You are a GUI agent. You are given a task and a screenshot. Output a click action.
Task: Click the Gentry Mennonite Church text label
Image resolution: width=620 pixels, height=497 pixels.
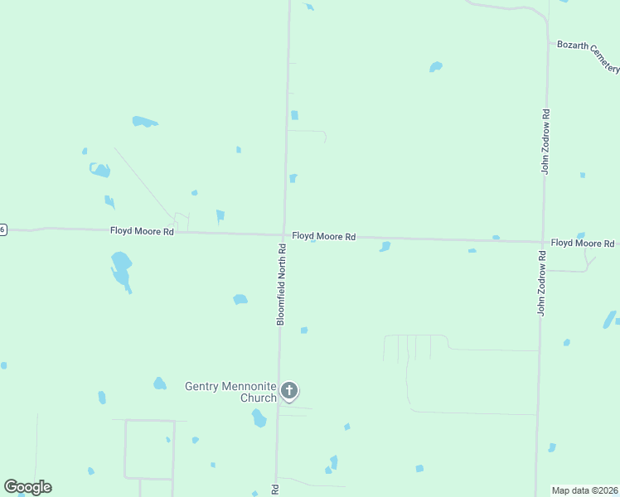tap(231, 392)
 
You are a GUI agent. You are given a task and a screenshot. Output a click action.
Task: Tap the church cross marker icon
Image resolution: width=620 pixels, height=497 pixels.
tap(289, 391)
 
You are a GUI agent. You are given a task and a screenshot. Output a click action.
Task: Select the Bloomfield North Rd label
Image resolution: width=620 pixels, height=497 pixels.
tap(281, 284)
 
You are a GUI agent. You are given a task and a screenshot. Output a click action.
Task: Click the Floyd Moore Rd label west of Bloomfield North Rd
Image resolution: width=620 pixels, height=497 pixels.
tap(142, 232)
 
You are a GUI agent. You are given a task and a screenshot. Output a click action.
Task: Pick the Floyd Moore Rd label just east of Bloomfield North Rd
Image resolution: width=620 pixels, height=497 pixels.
tap(323, 237)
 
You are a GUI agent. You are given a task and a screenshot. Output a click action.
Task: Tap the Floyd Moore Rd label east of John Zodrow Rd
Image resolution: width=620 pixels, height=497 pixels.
tap(583, 243)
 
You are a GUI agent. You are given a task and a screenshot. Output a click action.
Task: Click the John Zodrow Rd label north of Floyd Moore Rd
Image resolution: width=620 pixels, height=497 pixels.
tap(545, 141)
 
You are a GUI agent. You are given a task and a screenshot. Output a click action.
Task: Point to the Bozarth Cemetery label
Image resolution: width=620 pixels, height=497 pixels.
tap(589, 54)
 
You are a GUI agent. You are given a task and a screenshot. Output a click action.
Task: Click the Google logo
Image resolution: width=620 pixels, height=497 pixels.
tap(27, 487)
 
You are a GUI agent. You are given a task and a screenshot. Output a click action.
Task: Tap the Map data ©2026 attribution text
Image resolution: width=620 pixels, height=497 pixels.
tap(584, 490)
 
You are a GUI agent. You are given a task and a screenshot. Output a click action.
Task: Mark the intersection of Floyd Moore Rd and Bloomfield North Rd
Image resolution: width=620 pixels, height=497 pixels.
tap(283, 234)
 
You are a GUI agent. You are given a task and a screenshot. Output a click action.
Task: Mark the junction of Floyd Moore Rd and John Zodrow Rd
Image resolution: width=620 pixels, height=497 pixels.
tap(543, 242)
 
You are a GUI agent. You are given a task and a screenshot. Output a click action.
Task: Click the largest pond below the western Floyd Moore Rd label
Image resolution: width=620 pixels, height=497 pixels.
tap(121, 268)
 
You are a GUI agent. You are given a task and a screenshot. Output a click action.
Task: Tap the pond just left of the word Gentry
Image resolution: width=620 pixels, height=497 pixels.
tap(160, 384)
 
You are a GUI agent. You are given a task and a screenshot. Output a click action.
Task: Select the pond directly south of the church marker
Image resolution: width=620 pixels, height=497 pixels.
tap(259, 418)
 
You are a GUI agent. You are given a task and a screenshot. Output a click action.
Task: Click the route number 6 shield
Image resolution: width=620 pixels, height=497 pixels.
tap(2, 229)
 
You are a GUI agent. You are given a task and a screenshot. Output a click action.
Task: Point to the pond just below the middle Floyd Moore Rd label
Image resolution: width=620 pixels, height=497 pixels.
tap(385, 246)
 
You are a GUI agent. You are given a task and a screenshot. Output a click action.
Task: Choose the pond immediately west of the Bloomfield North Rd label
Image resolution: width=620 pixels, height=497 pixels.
tap(240, 299)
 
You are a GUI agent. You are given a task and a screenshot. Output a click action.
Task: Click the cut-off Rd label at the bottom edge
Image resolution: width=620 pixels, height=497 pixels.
tap(275, 490)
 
